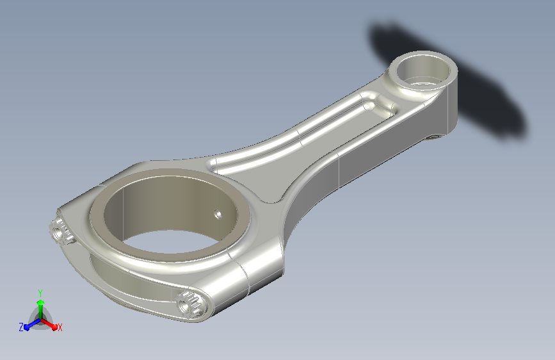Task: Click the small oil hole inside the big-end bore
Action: coord(218,214)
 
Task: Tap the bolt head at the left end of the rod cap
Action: coord(59,231)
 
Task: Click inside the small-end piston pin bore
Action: coord(422,72)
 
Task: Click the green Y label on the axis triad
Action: coord(40,293)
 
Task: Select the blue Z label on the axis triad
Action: coord(21,327)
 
